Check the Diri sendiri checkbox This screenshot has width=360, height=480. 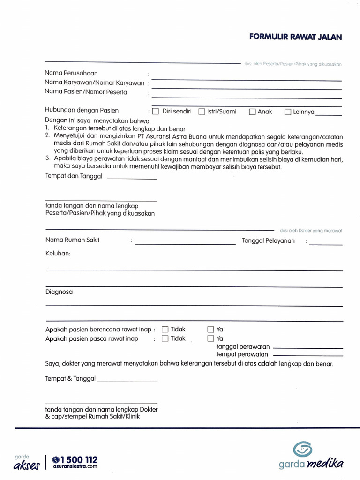[x=156, y=112]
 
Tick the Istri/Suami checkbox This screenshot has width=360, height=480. [x=202, y=112]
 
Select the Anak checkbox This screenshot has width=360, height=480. [x=252, y=112]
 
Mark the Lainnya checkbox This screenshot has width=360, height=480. [x=288, y=112]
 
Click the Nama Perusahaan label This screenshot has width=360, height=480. [x=72, y=73]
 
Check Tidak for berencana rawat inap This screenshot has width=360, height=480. [x=165, y=330]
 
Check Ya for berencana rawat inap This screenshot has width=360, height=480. [x=210, y=330]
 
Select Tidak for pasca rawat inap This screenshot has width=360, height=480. [x=165, y=338]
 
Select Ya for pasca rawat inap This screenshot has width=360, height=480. [x=210, y=338]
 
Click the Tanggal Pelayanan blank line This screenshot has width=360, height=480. [x=325, y=244]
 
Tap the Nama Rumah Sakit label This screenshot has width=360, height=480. [x=72, y=240]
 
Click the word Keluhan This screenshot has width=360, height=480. [x=58, y=253]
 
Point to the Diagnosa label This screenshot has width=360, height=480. [x=59, y=292]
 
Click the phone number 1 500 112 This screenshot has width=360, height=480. [x=78, y=460]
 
